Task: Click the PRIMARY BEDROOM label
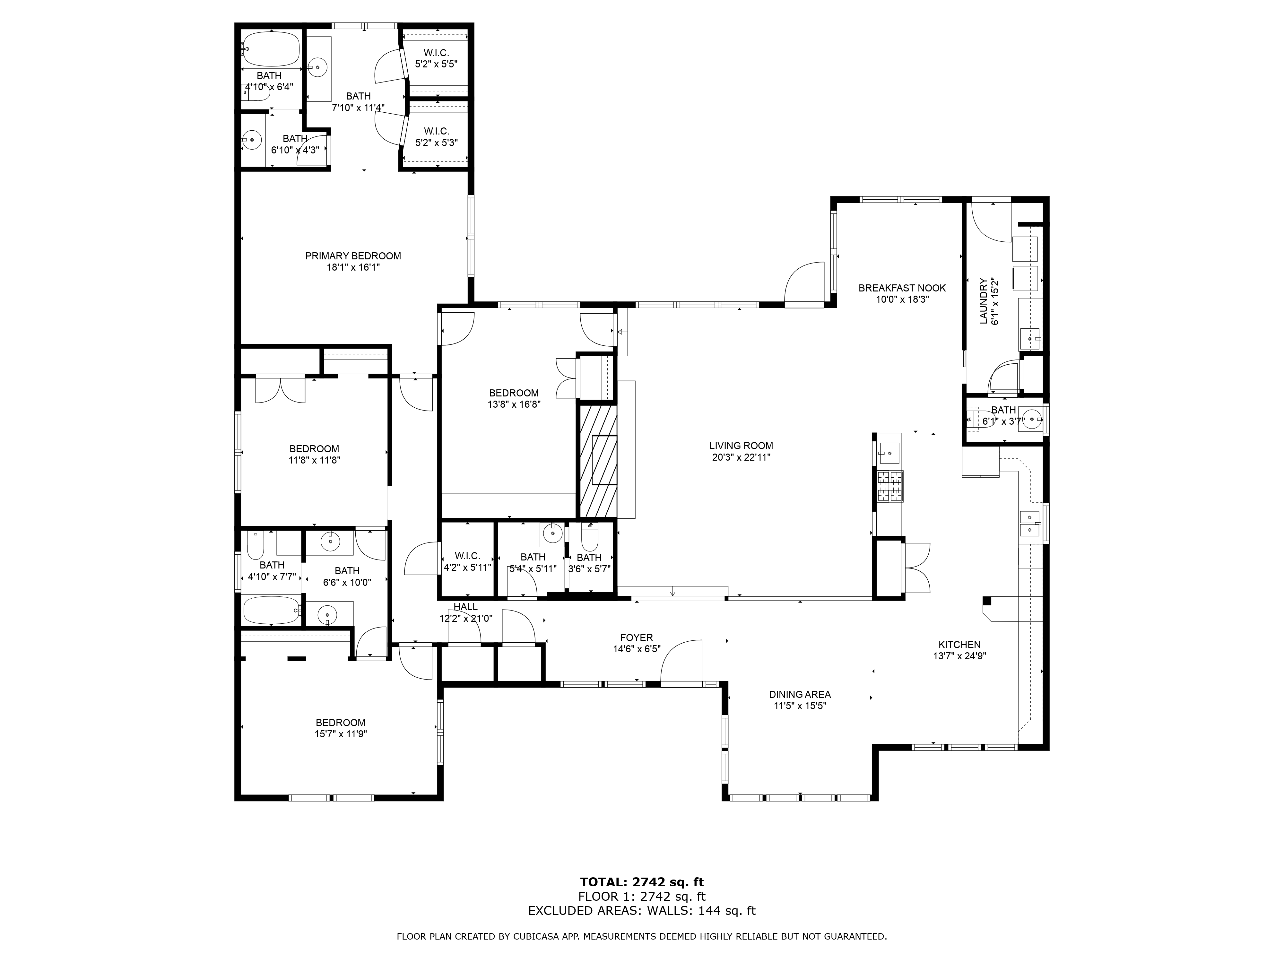[353, 256]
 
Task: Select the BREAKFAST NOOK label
[902, 288]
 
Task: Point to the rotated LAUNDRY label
[983, 301]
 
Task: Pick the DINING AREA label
[800, 694]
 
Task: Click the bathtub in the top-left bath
[271, 49]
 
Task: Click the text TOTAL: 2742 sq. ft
[642, 882]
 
